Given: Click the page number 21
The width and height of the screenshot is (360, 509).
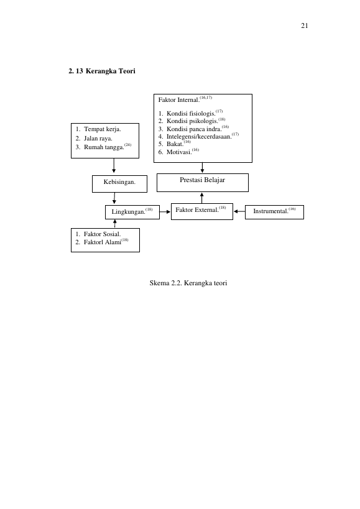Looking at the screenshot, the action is click(x=304, y=25).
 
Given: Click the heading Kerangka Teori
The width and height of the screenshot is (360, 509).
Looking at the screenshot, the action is click(x=111, y=71).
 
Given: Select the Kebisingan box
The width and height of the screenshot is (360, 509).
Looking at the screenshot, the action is click(x=119, y=184).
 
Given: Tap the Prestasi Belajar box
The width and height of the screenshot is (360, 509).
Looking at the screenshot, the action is click(x=203, y=183).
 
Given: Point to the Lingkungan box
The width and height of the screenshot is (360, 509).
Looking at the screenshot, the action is click(x=132, y=213).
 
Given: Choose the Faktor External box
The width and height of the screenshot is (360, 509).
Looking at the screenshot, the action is click(x=202, y=212).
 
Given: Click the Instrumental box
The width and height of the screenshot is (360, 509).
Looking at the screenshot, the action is click(x=274, y=213).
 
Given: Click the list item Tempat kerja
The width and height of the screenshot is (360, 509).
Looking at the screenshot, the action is click(x=102, y=129).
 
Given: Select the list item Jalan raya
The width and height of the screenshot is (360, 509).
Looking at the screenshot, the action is click(x=98, y=139).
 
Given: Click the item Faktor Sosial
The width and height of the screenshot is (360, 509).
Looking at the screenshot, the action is click(x=102, y=234).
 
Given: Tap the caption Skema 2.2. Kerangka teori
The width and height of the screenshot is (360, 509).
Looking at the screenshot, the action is click(x=188, y=283).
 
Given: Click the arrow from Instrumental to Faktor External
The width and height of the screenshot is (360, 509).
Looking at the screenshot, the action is click(x=239, y=211).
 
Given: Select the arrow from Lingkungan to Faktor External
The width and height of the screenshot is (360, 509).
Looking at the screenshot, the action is click(x=165, y=212).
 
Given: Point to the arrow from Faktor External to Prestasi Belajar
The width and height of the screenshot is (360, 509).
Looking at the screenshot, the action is click(x=202, y=198).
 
